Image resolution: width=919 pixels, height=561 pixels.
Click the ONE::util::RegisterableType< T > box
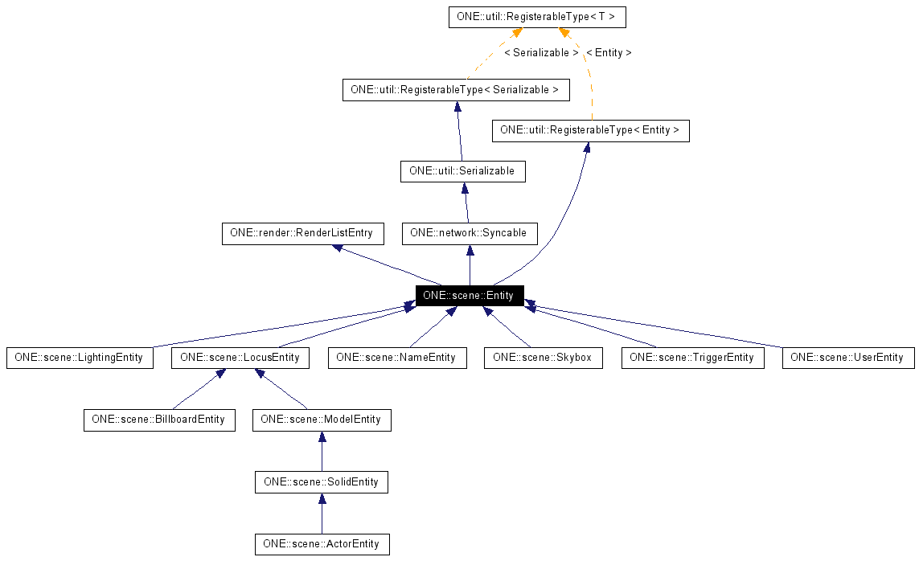[x=536, y=17]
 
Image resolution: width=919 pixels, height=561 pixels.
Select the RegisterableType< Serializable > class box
[x=455, y=90]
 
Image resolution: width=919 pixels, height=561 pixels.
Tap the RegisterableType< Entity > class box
[x=590, y=130]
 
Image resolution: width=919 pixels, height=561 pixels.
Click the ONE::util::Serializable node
[x=462, y=171]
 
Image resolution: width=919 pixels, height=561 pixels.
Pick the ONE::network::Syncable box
[x=469, y=233]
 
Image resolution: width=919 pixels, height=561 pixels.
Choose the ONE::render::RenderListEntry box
[x=302, y=233]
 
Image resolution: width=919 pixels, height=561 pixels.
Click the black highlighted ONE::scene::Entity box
[x=469, y=295]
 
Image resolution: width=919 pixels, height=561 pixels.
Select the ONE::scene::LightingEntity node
[x=79, y=358]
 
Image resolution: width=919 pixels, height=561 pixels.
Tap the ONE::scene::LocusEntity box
[x=240, y=358]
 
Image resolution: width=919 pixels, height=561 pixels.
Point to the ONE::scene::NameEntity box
[x=396, y=358]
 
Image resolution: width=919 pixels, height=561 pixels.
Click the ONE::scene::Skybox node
[x=543, y=358]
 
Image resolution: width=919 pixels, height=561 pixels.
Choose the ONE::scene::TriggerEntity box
[x=691, y=358]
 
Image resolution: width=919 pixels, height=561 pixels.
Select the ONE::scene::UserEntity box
[x=847, y=358]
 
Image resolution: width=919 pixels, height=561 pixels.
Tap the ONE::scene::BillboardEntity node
[x=159, y=420]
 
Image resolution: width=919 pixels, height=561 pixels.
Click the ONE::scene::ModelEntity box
[x=321, y=420]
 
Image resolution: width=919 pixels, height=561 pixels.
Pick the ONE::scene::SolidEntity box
[x=321, y=482]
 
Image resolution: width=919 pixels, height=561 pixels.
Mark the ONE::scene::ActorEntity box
[x=321, y=544]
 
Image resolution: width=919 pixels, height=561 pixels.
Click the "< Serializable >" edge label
[x=541, y=53]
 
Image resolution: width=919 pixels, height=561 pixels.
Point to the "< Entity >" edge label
[x=609, y=53]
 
